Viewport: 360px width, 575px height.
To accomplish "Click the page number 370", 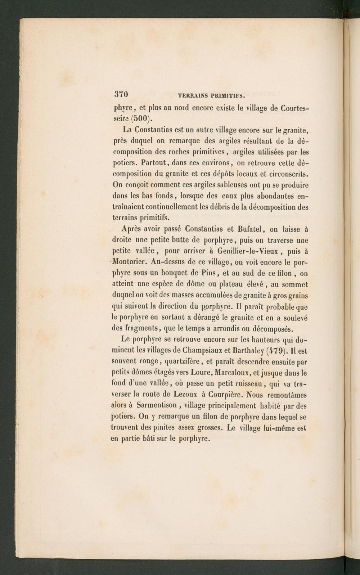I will pyautogui.click(x=121, y=94).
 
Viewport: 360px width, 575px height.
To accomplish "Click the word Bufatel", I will pyautogui.click(x=251, y=229).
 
